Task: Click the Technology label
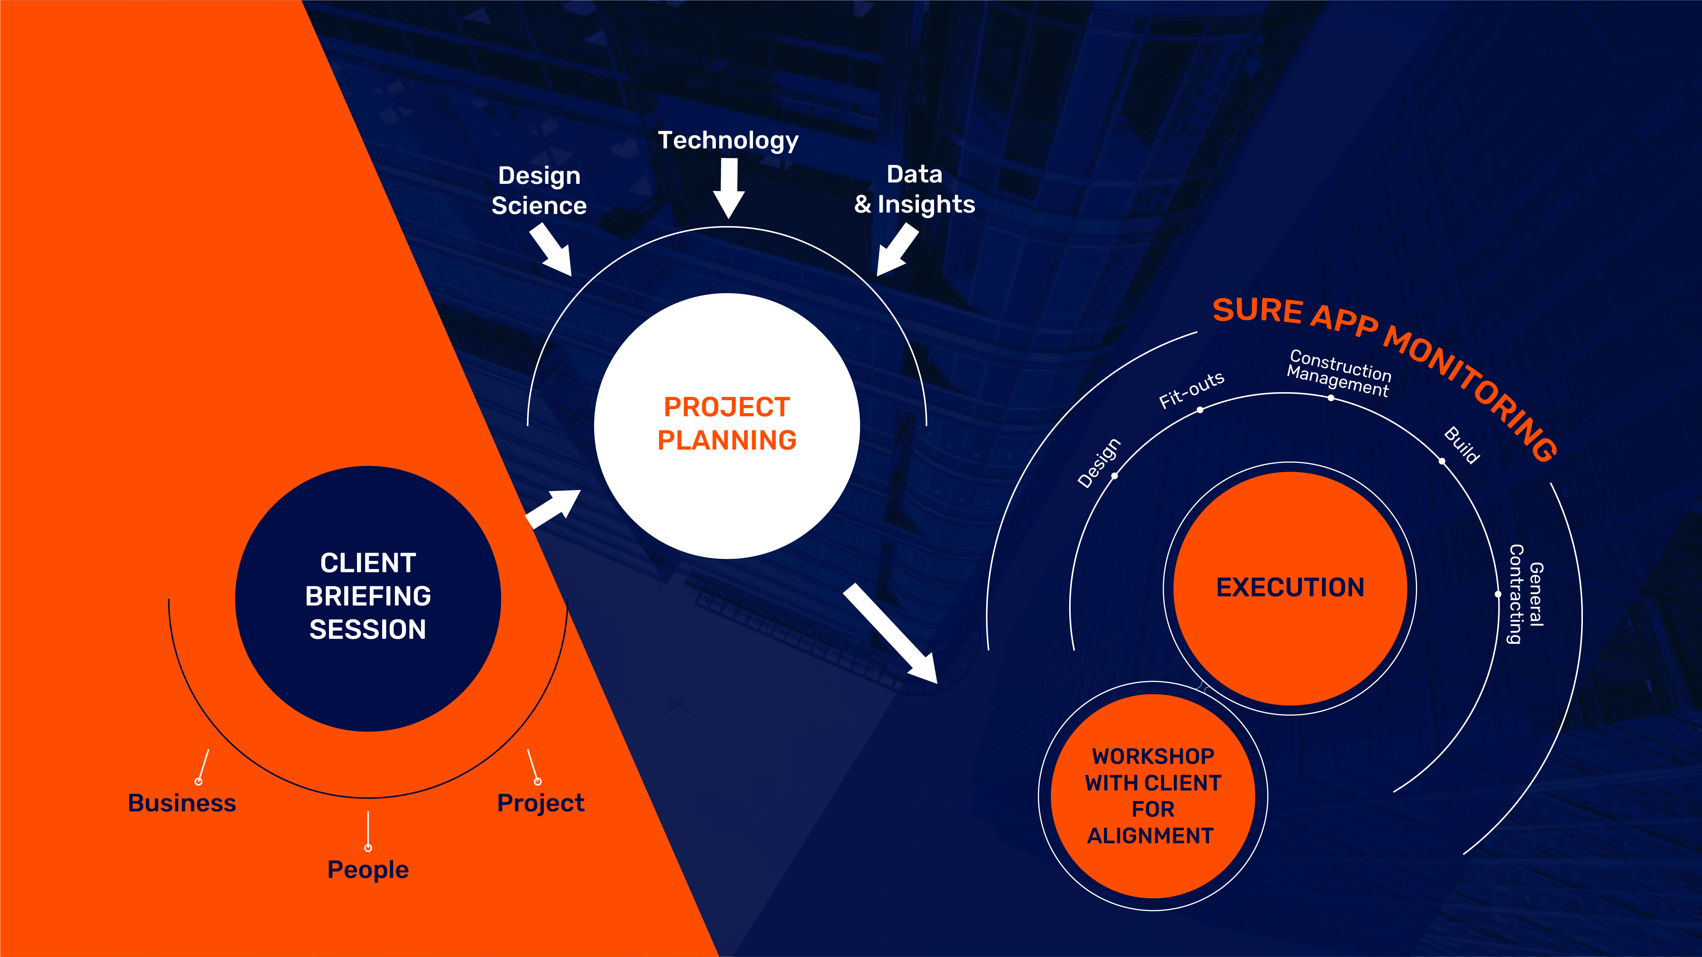(x=728, y=141)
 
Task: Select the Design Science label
(x=539, y=190)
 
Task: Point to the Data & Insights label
(x=914, y=190)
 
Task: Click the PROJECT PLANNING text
(x=727, y=423)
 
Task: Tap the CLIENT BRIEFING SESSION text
(x=368, y=596)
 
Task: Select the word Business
(x=182, y=803)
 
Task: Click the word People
(x=368, y=870)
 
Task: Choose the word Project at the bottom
(x=541, y=803)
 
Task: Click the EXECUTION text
(x=1290, y=587)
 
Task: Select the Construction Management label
(x=1339, y=373)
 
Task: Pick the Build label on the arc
(x=1462, y=445)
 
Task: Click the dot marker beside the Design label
(x=1115, y=475)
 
